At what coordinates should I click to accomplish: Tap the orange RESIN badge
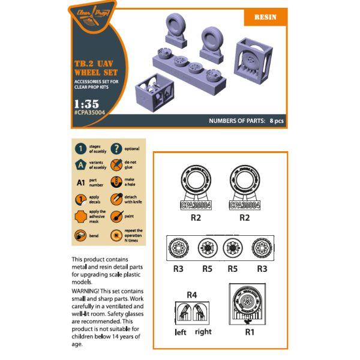point(265,17)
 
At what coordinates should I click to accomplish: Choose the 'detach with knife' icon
point(116,199)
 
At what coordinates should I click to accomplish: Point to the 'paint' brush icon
point(116,216)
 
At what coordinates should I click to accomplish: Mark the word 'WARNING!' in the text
point(87,293)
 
